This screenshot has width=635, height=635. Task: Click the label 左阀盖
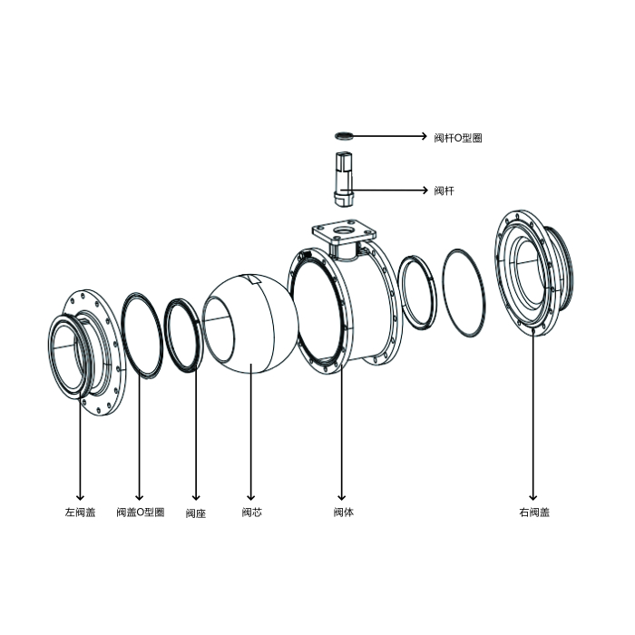coord(80,513)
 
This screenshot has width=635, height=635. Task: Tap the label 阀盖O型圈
coord(141,513)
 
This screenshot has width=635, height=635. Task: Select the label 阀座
coord(196,513)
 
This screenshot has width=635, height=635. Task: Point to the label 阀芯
coord(252,513)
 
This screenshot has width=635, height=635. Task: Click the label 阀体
coord(344,513)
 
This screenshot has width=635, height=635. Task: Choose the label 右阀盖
coord(534,513)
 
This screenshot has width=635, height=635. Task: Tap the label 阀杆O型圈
coord(458,138)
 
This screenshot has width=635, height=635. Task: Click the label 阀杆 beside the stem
coord(444,190)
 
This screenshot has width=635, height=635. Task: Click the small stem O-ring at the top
coord(344,136)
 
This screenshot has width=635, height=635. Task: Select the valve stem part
coord(344,179)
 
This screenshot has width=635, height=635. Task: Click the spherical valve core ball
coord(250,323)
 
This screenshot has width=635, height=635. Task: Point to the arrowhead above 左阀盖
coord(80,496)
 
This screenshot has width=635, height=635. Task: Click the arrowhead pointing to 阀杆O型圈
coord(424,136)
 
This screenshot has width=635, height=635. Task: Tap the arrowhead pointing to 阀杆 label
coord(425,190)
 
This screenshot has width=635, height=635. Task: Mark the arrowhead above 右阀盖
coord(533,496)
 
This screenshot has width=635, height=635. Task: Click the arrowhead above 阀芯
coord(251,496)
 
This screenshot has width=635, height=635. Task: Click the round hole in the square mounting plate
coord(344,230)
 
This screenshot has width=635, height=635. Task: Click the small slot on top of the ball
coord(255,279)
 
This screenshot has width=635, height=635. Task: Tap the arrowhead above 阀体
coord(342,496)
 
